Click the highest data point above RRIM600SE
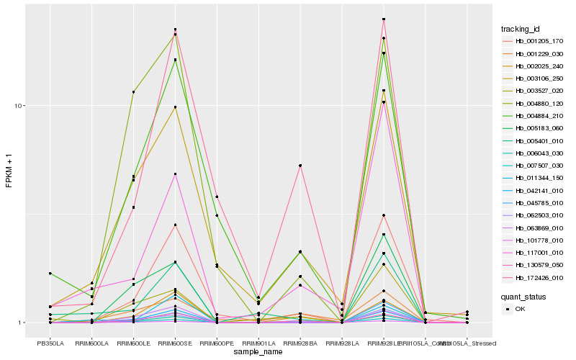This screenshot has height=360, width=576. point(175,30)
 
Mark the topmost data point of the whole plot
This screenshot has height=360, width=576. point(384,19)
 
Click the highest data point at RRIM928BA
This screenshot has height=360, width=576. point(300,166)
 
